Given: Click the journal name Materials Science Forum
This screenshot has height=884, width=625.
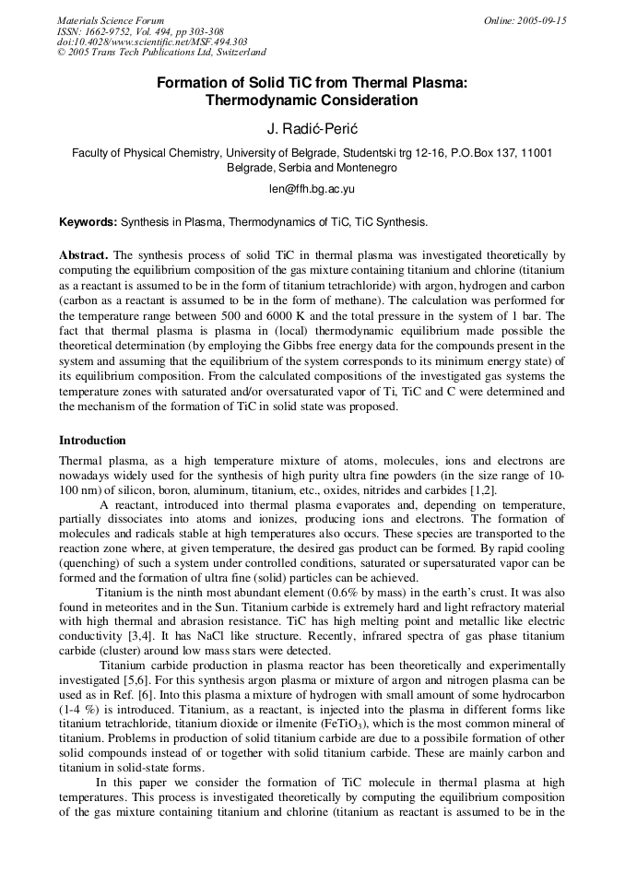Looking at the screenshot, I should coord(111,20).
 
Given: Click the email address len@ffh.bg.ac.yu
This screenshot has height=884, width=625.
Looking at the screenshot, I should coord(312,188).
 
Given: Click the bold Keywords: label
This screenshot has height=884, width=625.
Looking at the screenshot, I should coord(88,222).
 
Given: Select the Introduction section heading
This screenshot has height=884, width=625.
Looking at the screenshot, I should coord(92,441).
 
